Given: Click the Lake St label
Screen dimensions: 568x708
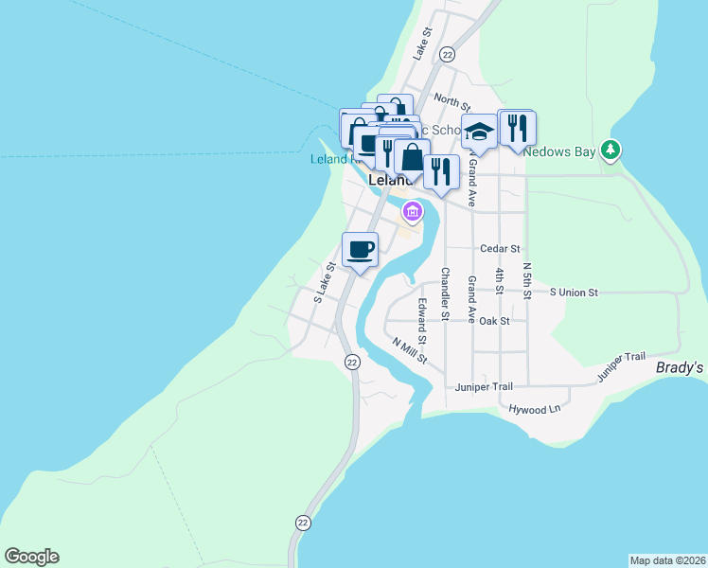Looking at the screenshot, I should point(422,44).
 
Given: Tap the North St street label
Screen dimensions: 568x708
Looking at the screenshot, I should point(452,99).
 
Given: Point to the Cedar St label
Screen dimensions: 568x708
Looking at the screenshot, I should point(501,249).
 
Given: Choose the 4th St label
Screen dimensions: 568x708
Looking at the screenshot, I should point(499,282).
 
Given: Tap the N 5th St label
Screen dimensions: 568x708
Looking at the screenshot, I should point(526,281).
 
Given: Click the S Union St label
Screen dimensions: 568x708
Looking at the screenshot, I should point(575,293).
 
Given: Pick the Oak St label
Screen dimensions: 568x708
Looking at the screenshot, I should point(495,321).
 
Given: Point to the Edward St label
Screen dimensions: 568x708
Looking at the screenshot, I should point(422,321).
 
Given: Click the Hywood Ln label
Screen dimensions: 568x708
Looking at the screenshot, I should point(535,409).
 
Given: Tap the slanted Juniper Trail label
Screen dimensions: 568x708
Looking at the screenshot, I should point(621,368).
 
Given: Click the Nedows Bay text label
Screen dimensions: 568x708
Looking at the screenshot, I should point(562,151).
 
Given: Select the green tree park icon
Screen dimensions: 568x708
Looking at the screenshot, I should point(612,150).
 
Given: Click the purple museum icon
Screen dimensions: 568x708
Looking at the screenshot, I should point(411,210).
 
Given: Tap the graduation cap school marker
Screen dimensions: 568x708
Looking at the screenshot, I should point(479,133).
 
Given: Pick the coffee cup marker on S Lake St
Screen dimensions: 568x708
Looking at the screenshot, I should point(360,250).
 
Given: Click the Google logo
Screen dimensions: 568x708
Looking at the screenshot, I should point(31,557).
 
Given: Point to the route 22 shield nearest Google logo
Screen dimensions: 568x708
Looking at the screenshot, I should point(303,522).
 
